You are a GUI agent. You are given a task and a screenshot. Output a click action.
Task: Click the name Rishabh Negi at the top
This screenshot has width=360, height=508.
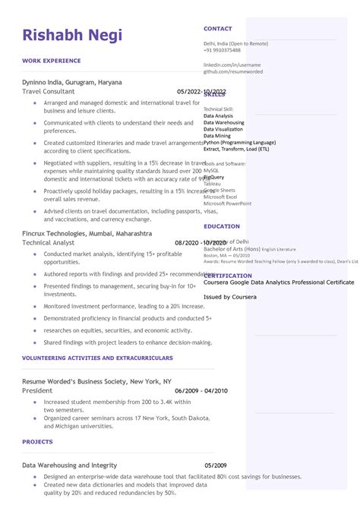pos(72,35)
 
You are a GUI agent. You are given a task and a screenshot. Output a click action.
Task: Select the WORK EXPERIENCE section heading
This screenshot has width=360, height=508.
pos(52,60)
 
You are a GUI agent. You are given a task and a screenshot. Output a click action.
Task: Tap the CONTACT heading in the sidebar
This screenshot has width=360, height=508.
pos(218,28)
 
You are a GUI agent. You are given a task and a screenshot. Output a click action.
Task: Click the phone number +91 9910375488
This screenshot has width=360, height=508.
pos(222,50)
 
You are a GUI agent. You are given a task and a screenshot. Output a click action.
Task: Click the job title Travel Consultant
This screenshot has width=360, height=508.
pos(49,91)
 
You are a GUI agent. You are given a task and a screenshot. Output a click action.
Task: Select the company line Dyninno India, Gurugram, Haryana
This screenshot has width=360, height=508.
pos(72,81)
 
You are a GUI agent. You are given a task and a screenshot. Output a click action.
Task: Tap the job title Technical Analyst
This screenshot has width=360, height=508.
pos(48,242)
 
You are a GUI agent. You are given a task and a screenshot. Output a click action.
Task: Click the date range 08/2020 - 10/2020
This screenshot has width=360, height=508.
pos(201,243)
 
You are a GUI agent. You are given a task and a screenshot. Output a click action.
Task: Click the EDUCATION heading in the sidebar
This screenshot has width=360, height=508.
pos(222,226)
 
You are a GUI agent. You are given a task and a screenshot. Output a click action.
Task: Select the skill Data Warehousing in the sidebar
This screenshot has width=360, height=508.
pos(224,122)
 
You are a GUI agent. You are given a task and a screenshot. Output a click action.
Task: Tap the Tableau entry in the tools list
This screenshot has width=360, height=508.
pos(212,184)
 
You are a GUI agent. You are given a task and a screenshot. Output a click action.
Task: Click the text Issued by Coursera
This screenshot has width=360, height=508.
pos(229,297)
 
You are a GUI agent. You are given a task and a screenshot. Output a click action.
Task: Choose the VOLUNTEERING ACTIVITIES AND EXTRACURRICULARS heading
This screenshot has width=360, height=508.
pos(97,357)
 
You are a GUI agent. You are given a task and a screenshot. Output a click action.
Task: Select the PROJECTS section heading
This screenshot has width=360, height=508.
pos(37,441)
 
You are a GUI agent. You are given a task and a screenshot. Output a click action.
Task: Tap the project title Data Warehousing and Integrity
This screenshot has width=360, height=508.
pos(69,465)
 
